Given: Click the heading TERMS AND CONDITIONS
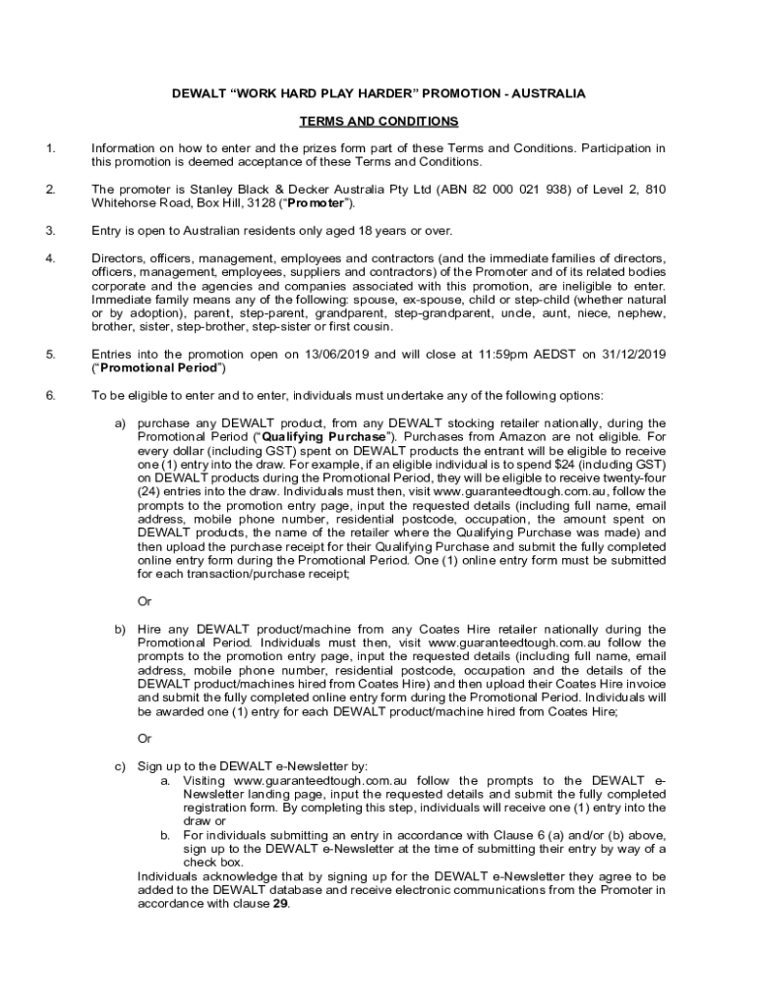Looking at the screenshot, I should [x=378, y=122].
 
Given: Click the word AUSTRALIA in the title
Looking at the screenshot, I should [x=545, y=93].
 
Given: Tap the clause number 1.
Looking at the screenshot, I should [x=50, y=148].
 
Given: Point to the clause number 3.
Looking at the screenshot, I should [x=50, y=231].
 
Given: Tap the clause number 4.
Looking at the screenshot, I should [x=50, y=258].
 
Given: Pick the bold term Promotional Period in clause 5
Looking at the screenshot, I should [x=158, y=368].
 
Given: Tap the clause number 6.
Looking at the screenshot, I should [x=50, y=396].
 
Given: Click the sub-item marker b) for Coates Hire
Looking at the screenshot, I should [x=121, y=629].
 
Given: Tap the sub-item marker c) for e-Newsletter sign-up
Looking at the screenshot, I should [x=121, y=766].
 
